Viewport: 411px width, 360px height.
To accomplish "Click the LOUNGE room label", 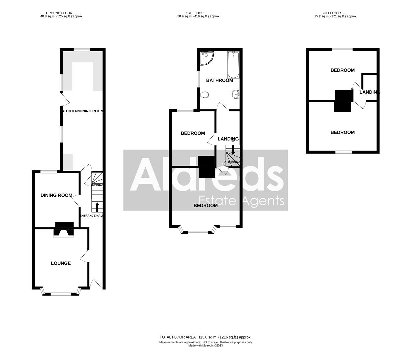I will tap(61, 263).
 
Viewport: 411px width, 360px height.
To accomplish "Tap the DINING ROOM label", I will tap(56, 195).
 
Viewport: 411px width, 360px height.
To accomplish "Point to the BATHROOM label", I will tap(219, 80).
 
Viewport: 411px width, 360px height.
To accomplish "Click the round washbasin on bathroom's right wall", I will tap(236, 95).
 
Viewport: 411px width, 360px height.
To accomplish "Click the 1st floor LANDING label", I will tap(228, 139).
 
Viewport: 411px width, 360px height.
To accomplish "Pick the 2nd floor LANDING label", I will tap(369, 92).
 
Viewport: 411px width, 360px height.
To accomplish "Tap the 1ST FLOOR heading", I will tap(195, 13).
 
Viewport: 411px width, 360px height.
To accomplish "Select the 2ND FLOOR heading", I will tap(332, 13).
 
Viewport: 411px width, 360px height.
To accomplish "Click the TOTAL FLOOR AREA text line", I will tap(205, 337).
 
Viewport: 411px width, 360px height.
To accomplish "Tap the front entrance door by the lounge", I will tap(97, 284).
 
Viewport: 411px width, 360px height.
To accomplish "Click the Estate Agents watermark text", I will tap(241, 201).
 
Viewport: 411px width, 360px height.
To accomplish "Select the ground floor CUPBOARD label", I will tap(97, 185).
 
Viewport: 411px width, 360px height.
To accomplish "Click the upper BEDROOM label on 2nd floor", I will tap(342, 70).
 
